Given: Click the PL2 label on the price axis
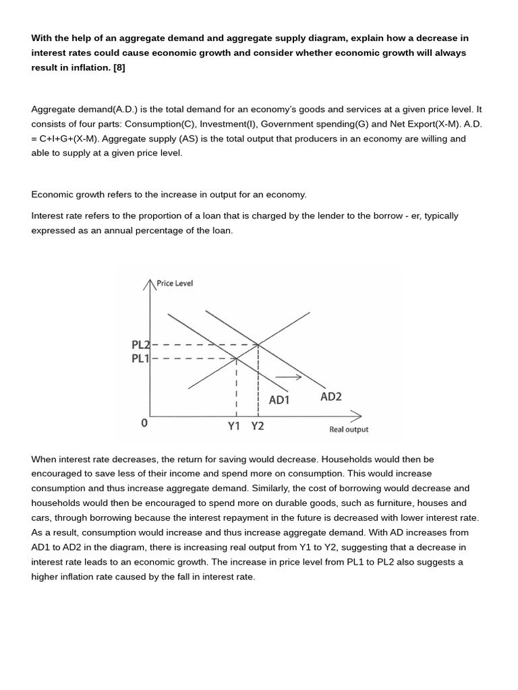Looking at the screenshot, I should click(x=140, y=345).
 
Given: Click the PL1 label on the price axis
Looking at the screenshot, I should click(x=140, y=358).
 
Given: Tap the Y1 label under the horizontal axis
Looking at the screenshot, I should click(x=234, y=426).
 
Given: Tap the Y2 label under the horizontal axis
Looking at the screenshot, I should click(x=258, y=426).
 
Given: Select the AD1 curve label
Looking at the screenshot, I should click(x=279, y=400).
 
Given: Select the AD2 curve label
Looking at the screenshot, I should click(x=330, y=397).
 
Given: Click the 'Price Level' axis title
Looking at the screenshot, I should click(x=175, y=283).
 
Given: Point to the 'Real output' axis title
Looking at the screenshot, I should click(x=349, y=429).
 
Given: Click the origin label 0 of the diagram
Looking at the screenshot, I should click(x=144, y=423).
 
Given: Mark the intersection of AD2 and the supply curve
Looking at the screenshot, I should click(x=258, y=345).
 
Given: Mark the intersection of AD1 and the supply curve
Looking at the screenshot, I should click(x=236, y=358).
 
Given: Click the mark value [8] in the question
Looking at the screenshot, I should click(x=119, y=67).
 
